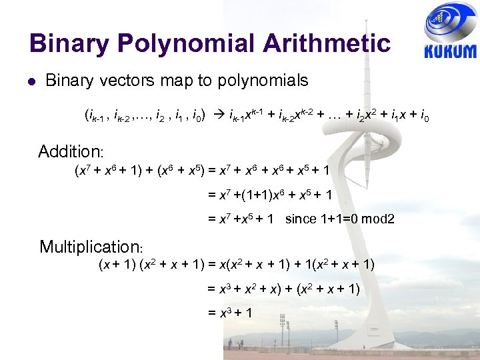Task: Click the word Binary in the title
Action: tap(69, 43)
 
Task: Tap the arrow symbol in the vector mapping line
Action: tap(217, 118)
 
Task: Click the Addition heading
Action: tap(69, 151)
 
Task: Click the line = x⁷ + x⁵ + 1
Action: tap(240, 219)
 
